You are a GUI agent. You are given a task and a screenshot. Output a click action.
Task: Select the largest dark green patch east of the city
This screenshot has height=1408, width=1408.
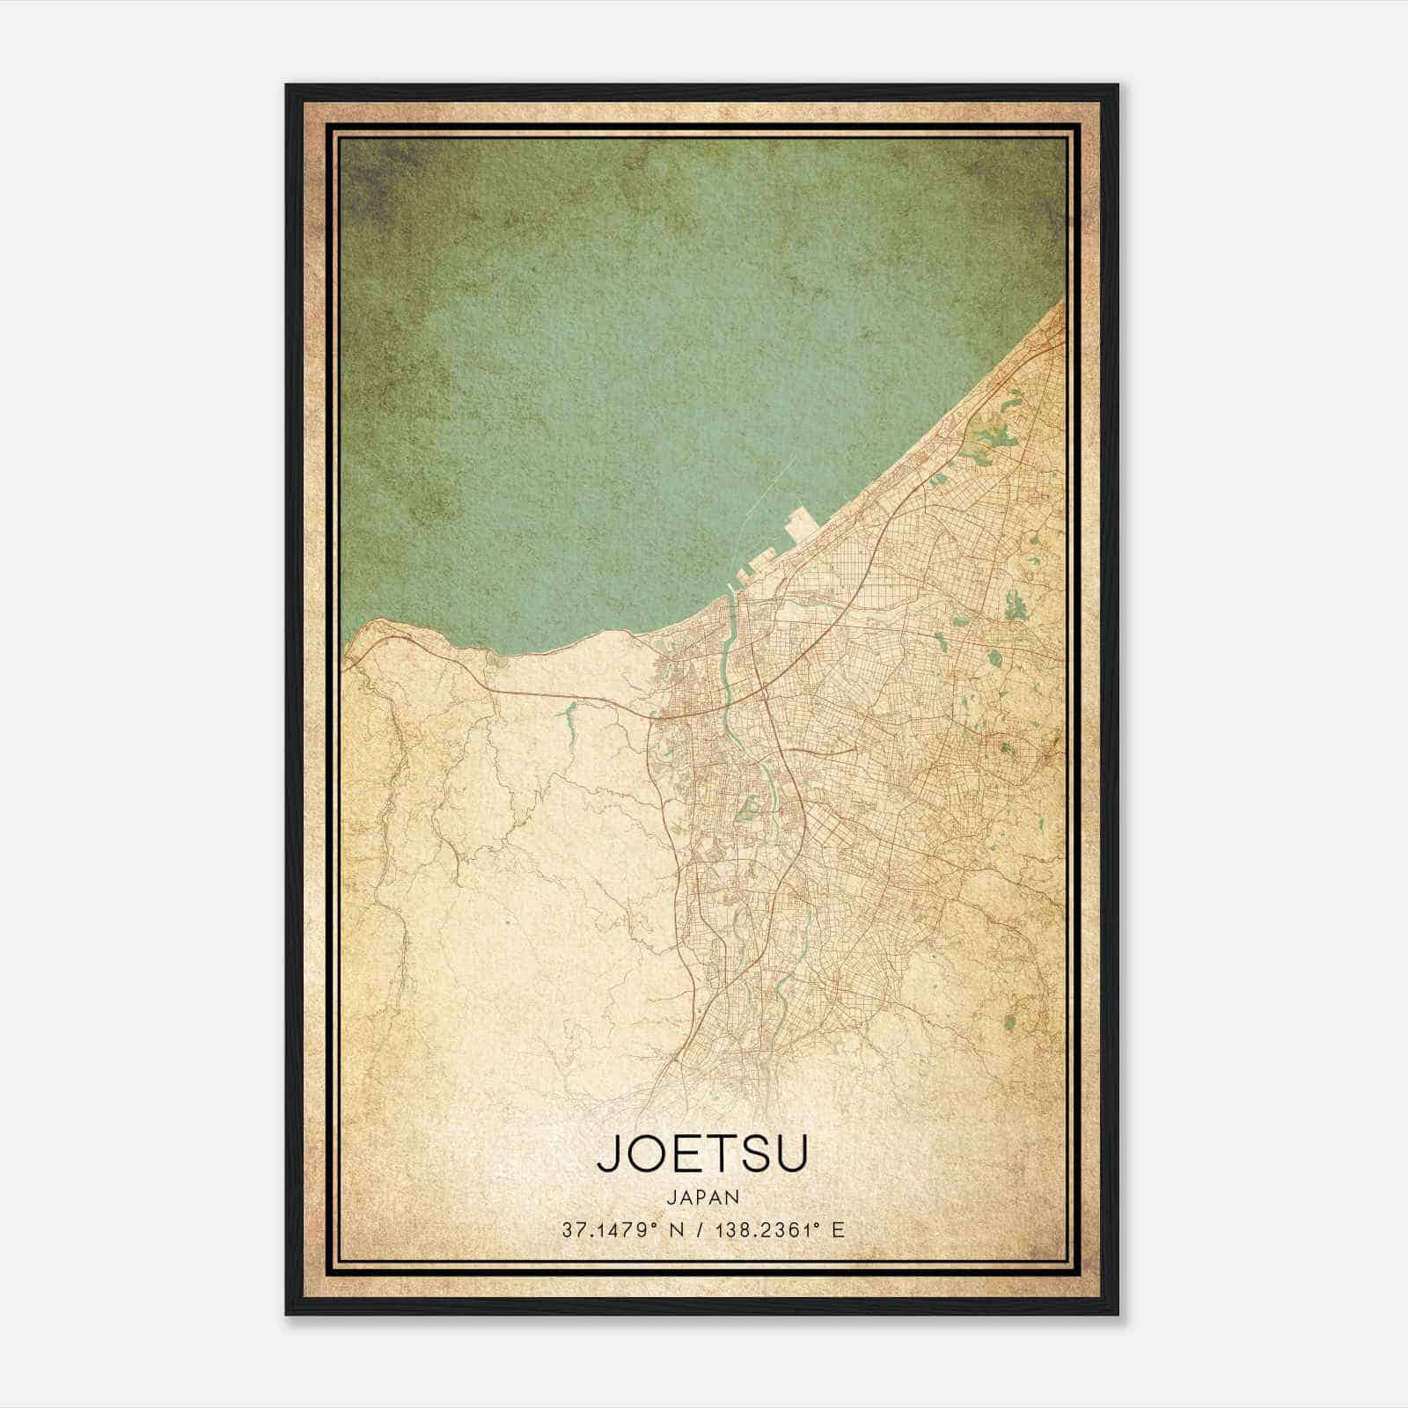click(x=1014, y=605)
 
